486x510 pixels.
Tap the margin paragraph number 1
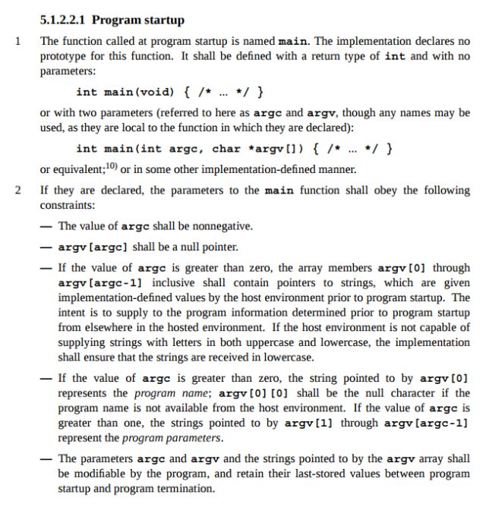coord(17,40)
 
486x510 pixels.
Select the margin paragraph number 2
coord(17,190)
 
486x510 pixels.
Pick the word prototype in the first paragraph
coord(66,57)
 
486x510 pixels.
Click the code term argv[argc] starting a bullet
coord(95,247)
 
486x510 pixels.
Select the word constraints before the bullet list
coord(68,206)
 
